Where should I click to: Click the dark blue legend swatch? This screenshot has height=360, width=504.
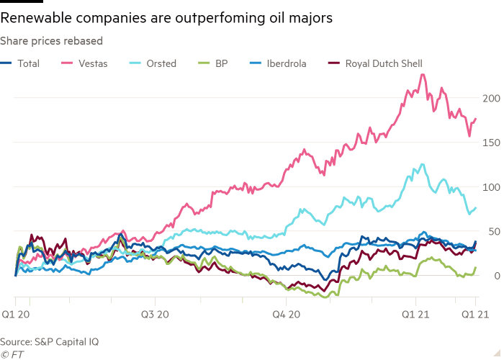pyautogui.click(x=7, y=64)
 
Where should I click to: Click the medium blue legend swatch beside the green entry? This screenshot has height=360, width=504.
pyautogui.click(x=257, y=64)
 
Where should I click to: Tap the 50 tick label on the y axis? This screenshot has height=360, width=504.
pyautogui.click(x=490, y=231)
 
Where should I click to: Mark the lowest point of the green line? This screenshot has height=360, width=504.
pyautogui.click(x=326, y=296)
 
